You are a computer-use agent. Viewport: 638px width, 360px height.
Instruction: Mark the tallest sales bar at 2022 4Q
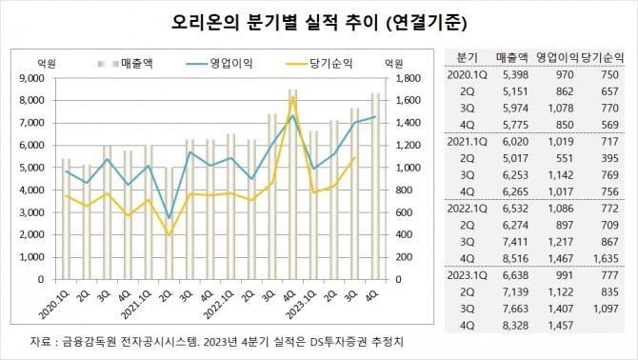pos(293,171)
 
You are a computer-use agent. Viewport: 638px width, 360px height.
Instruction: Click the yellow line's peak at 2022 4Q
pos(293,97)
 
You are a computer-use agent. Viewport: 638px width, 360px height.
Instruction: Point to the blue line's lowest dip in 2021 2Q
pos(169,218)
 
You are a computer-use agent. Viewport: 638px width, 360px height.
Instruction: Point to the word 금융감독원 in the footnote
pos(88,340)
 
